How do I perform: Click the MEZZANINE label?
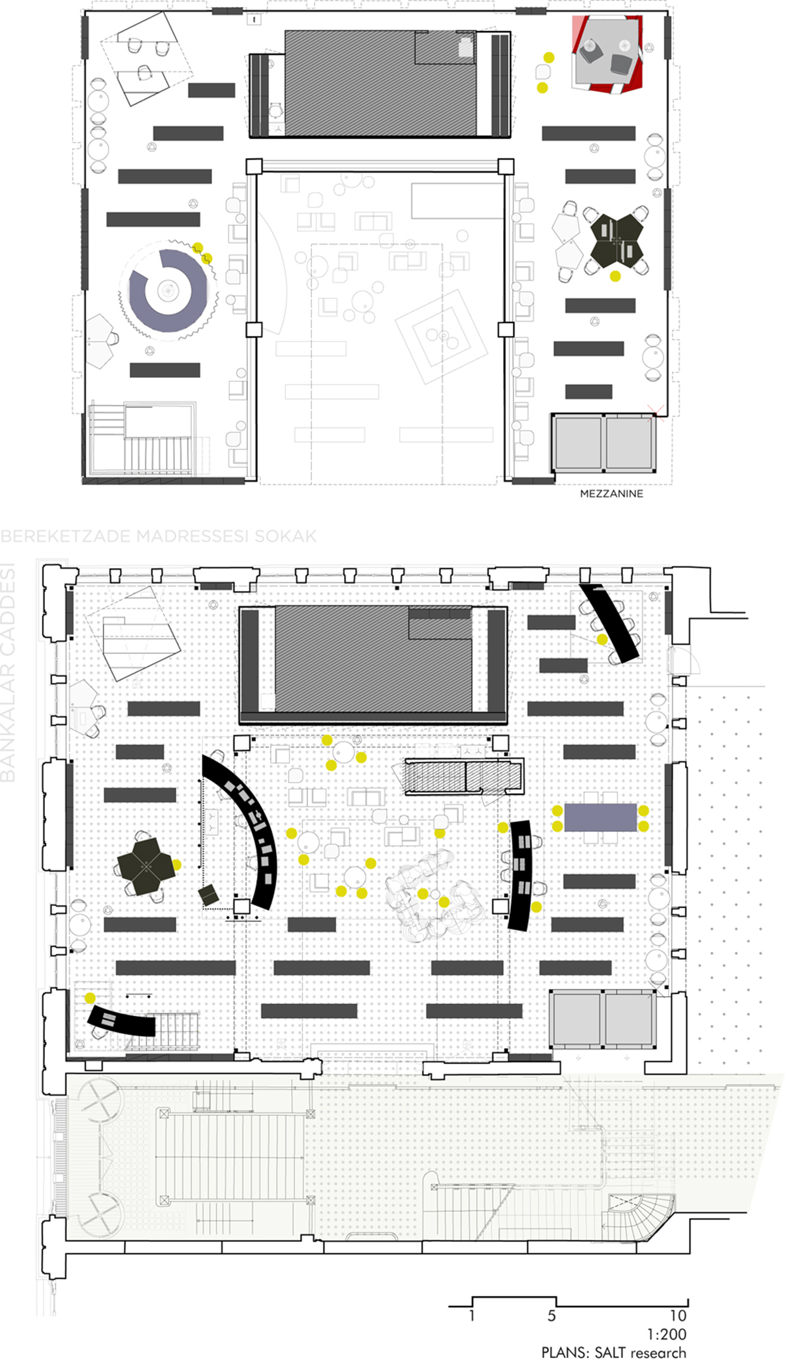(x=611, y=494)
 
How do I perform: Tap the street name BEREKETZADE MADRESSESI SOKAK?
(x=159, y=536)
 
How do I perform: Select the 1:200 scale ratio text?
(x=666, y=1334)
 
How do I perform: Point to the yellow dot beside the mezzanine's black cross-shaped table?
(x=616, y=277)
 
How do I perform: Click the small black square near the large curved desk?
(x=208, y=895)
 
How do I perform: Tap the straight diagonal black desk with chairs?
(x=609, y=623)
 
